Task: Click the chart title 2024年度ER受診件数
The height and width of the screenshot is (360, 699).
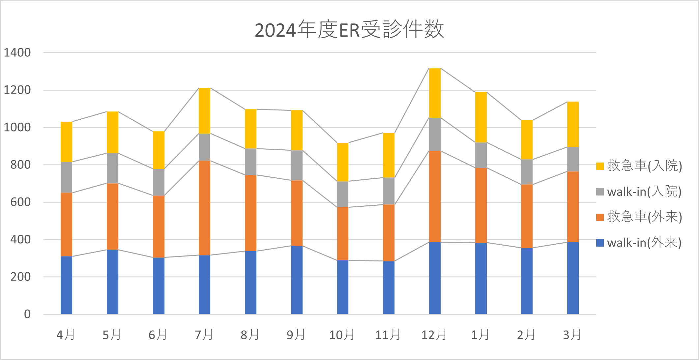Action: (x=349, y=30)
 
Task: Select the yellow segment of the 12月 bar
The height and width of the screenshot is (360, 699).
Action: (x=435, y=93)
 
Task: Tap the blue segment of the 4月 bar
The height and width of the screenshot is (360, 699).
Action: (x=67, y=285)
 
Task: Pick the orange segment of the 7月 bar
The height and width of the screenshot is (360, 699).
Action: (x=205, y=208)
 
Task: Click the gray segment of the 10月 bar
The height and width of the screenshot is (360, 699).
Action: (x=343, y=194)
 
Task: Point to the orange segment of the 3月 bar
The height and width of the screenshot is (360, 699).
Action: (x=573, y=207)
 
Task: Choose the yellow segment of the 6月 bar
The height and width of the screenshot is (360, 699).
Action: (x=159, y=150)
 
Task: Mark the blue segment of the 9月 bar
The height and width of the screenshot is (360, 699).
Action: (x=297, y=280)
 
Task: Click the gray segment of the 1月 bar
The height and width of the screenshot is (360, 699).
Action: (x=481, y=155)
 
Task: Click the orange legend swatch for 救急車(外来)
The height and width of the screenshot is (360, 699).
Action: (x=600, y=217)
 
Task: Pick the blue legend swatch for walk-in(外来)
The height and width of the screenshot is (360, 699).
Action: (x=600, y=243)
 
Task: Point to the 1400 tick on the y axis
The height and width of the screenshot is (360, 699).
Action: (x=17, y=53)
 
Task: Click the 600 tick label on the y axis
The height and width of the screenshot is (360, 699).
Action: (x=20, y=202)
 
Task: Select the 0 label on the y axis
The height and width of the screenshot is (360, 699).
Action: (x=27, y=314)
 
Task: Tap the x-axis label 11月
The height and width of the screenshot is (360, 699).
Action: (x=388, y=335)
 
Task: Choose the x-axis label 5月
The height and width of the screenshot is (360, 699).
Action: (x=112, y=335)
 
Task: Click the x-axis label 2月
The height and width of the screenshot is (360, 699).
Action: (x=526, y=335)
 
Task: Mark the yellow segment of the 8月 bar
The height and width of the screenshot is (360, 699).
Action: (x=251, y=129)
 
